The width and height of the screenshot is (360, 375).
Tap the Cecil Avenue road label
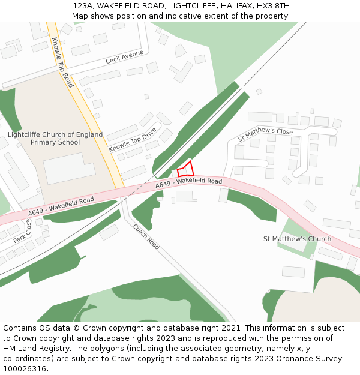pyautogui.click(x=124, y=57)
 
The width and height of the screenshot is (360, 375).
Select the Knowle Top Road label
pyautogui.click(x=62, y=62)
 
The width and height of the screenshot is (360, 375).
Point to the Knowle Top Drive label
pyautogui.click(x=132, y=139)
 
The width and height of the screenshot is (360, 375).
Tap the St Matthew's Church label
pyautogui.click(x=297, y=239)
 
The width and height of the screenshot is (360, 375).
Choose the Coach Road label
pyautogui.click(x=146, y=236)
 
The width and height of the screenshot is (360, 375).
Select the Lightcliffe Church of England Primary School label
pyautogui.click(x=55, y=139)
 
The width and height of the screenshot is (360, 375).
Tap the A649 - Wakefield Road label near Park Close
pyautogui.click(x=61, y=206)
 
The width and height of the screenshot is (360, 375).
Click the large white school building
pyautogui.click(x=69, y=168)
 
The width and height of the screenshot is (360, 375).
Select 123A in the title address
pyautogui.click(x=83, y=6)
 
